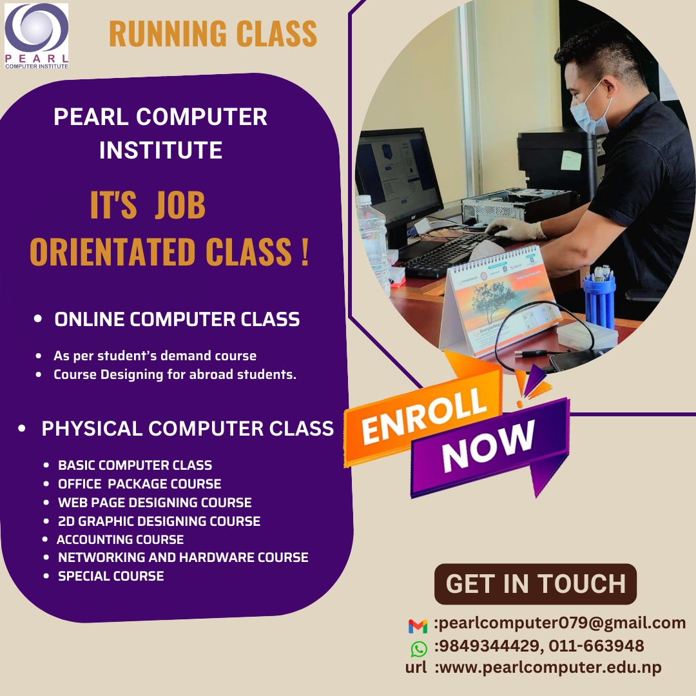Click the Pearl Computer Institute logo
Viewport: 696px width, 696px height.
click(x=36, y=36)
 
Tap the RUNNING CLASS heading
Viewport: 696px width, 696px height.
click(x=213, y=34)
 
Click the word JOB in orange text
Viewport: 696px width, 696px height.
click(x=180, y=205)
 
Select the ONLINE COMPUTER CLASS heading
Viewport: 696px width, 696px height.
click(x=177, y=319)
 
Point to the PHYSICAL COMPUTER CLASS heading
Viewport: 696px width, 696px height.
click(x=188, y=429)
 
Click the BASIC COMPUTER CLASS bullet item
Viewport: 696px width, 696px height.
click(x=135, y=465)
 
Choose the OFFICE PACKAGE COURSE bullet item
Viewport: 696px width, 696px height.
click(x=139, y=483)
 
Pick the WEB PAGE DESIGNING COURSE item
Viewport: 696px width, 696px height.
click(x=155, y=502)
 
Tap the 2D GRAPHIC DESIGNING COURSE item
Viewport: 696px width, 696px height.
click(x=159, y=521)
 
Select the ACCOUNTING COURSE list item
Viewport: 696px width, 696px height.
click(x=120, y=539)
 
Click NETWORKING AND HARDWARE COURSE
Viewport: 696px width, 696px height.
click(x=183, y=557)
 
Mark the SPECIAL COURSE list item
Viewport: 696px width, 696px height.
click(x=111, y=575)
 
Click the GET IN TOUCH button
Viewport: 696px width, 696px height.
click(x=536, y=584)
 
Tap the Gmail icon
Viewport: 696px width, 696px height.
click(x=418, y=626)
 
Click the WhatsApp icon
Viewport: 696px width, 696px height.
click(x=419, y=648)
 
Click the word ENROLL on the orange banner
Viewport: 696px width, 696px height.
click(x=424, y=416)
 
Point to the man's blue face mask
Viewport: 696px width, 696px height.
click(x=590, y=111)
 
